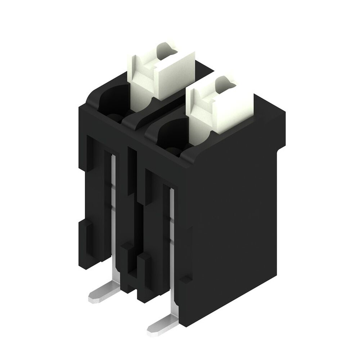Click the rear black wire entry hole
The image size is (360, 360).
(112, 101)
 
